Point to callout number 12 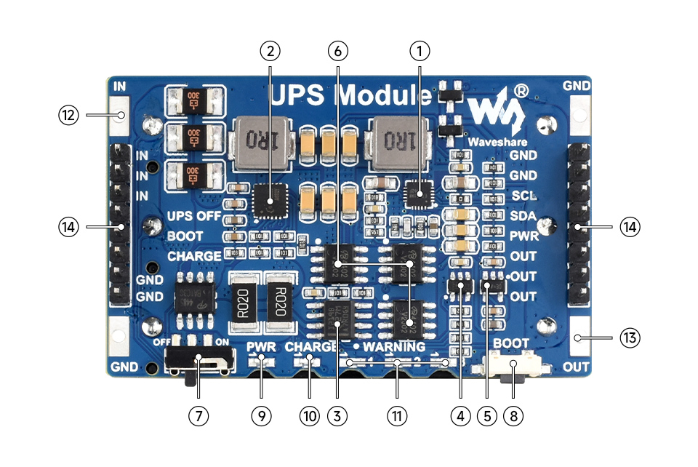pyautogui.click(x=69, y=115)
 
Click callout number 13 pyautogui.click(x=630, y=338)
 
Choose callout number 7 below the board pyautogui.click(x=198, y=415)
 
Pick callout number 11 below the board pyautogui.click(x=396, y=415)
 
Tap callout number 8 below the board pyautogui.click(x=513, y=415)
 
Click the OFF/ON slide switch pyautogui.click(x=200, y=359)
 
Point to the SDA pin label pyautogui.click(x=523, y=216)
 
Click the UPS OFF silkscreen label pyautogui.click(x=194, y=216)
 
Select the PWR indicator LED pyautogui.click(x=261, y=362)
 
